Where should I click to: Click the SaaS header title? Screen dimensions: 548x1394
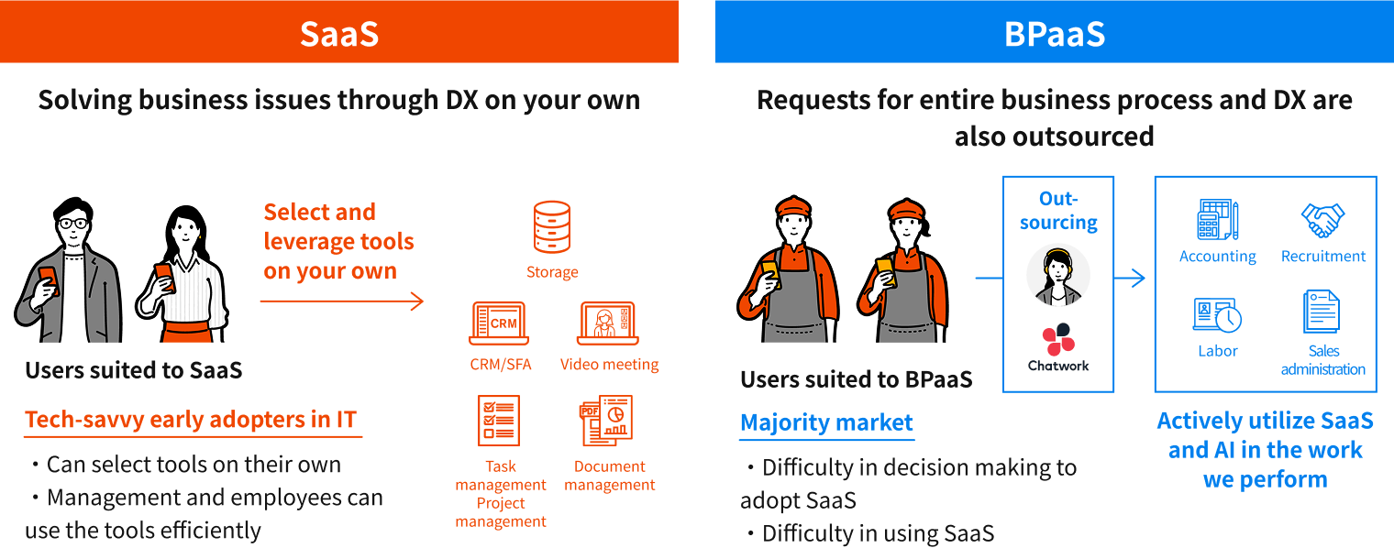click(339, 33)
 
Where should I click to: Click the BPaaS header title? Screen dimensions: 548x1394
click(1054, 33)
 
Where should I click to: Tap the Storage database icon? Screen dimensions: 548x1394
click(552, 227)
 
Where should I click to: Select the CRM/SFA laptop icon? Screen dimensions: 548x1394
click(498, 323)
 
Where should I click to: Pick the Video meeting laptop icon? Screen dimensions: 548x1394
click(607, 323)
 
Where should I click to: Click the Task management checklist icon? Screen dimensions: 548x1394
click(499, 421)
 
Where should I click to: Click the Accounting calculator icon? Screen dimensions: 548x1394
click(1218, 221)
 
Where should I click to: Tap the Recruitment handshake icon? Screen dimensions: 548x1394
click(1322, 220)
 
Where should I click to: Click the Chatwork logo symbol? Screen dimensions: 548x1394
click(1058, 339)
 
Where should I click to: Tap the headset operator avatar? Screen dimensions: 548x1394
click(1058, 274)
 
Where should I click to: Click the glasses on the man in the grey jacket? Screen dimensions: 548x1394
click(72, 223)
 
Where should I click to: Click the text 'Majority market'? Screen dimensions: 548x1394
click(826, 422)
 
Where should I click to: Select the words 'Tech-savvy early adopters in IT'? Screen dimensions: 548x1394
click(191, 420)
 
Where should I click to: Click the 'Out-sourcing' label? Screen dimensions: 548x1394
click(1058, 211)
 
